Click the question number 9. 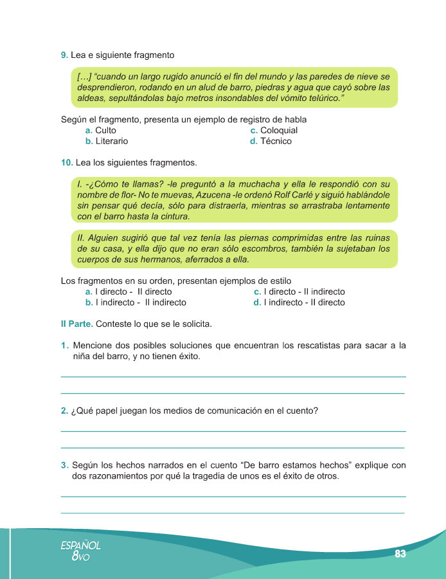[64, 55]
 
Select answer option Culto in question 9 [105, 131]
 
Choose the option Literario [112, 141]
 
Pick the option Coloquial [279, 131]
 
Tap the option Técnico [276, 141]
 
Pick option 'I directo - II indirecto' [302, 291]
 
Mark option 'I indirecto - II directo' [302, 302]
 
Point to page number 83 [401, 554]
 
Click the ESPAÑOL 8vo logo [80, 551]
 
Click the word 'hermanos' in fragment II [163, 259]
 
